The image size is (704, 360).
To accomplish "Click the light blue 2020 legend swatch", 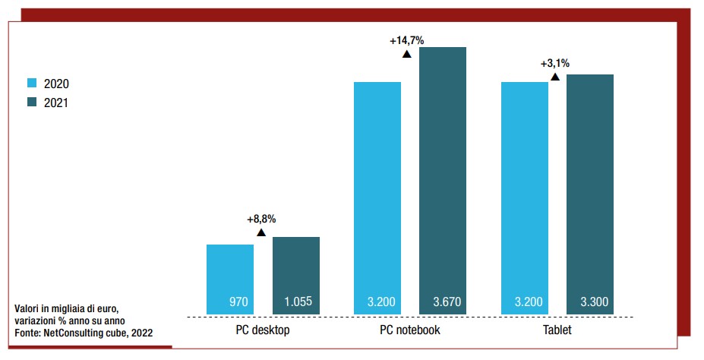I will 33,84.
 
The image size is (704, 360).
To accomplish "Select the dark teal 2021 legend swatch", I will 33,103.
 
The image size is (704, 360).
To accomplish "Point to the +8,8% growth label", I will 261,219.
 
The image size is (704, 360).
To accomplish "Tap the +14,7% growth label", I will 407,40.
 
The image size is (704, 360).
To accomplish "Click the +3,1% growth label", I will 555,64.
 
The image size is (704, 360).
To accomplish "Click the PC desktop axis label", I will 263,330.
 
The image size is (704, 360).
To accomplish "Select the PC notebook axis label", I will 410,330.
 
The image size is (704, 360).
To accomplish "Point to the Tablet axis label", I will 557,330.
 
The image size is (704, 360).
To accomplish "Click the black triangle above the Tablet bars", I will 555,77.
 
